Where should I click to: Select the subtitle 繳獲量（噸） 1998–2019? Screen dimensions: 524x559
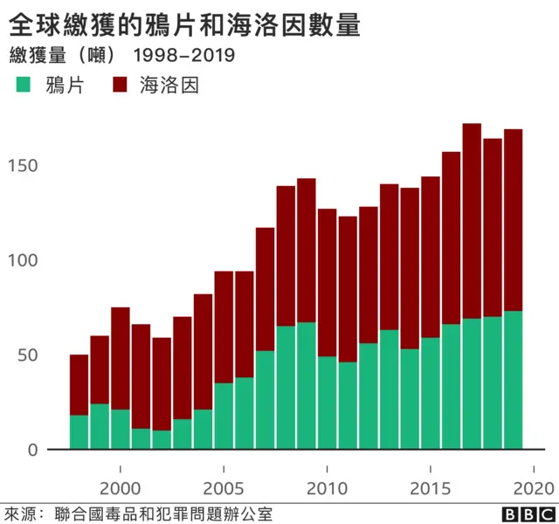(123, 56)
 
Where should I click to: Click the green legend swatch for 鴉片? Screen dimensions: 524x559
(23, 86)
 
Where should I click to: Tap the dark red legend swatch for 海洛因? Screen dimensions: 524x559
(121, 86)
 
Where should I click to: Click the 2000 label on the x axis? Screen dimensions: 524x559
(120, 486)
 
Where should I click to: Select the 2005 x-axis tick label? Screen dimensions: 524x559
(224, 486)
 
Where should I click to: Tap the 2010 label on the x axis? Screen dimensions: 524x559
(327, 486)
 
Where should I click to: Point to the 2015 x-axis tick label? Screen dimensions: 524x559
(431, 486)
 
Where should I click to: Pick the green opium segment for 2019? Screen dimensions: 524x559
(513, 380)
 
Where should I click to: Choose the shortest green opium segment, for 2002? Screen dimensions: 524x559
(162, 440)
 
